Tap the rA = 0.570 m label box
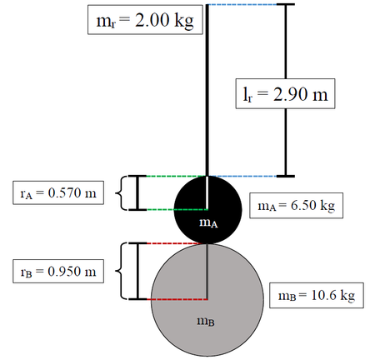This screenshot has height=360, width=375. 57,194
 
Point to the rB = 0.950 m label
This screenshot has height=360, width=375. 57,271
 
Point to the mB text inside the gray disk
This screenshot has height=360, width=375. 205,323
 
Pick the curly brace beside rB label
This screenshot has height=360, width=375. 117,271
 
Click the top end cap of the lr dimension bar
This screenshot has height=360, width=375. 285,5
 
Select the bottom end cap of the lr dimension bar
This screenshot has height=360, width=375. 285,176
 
